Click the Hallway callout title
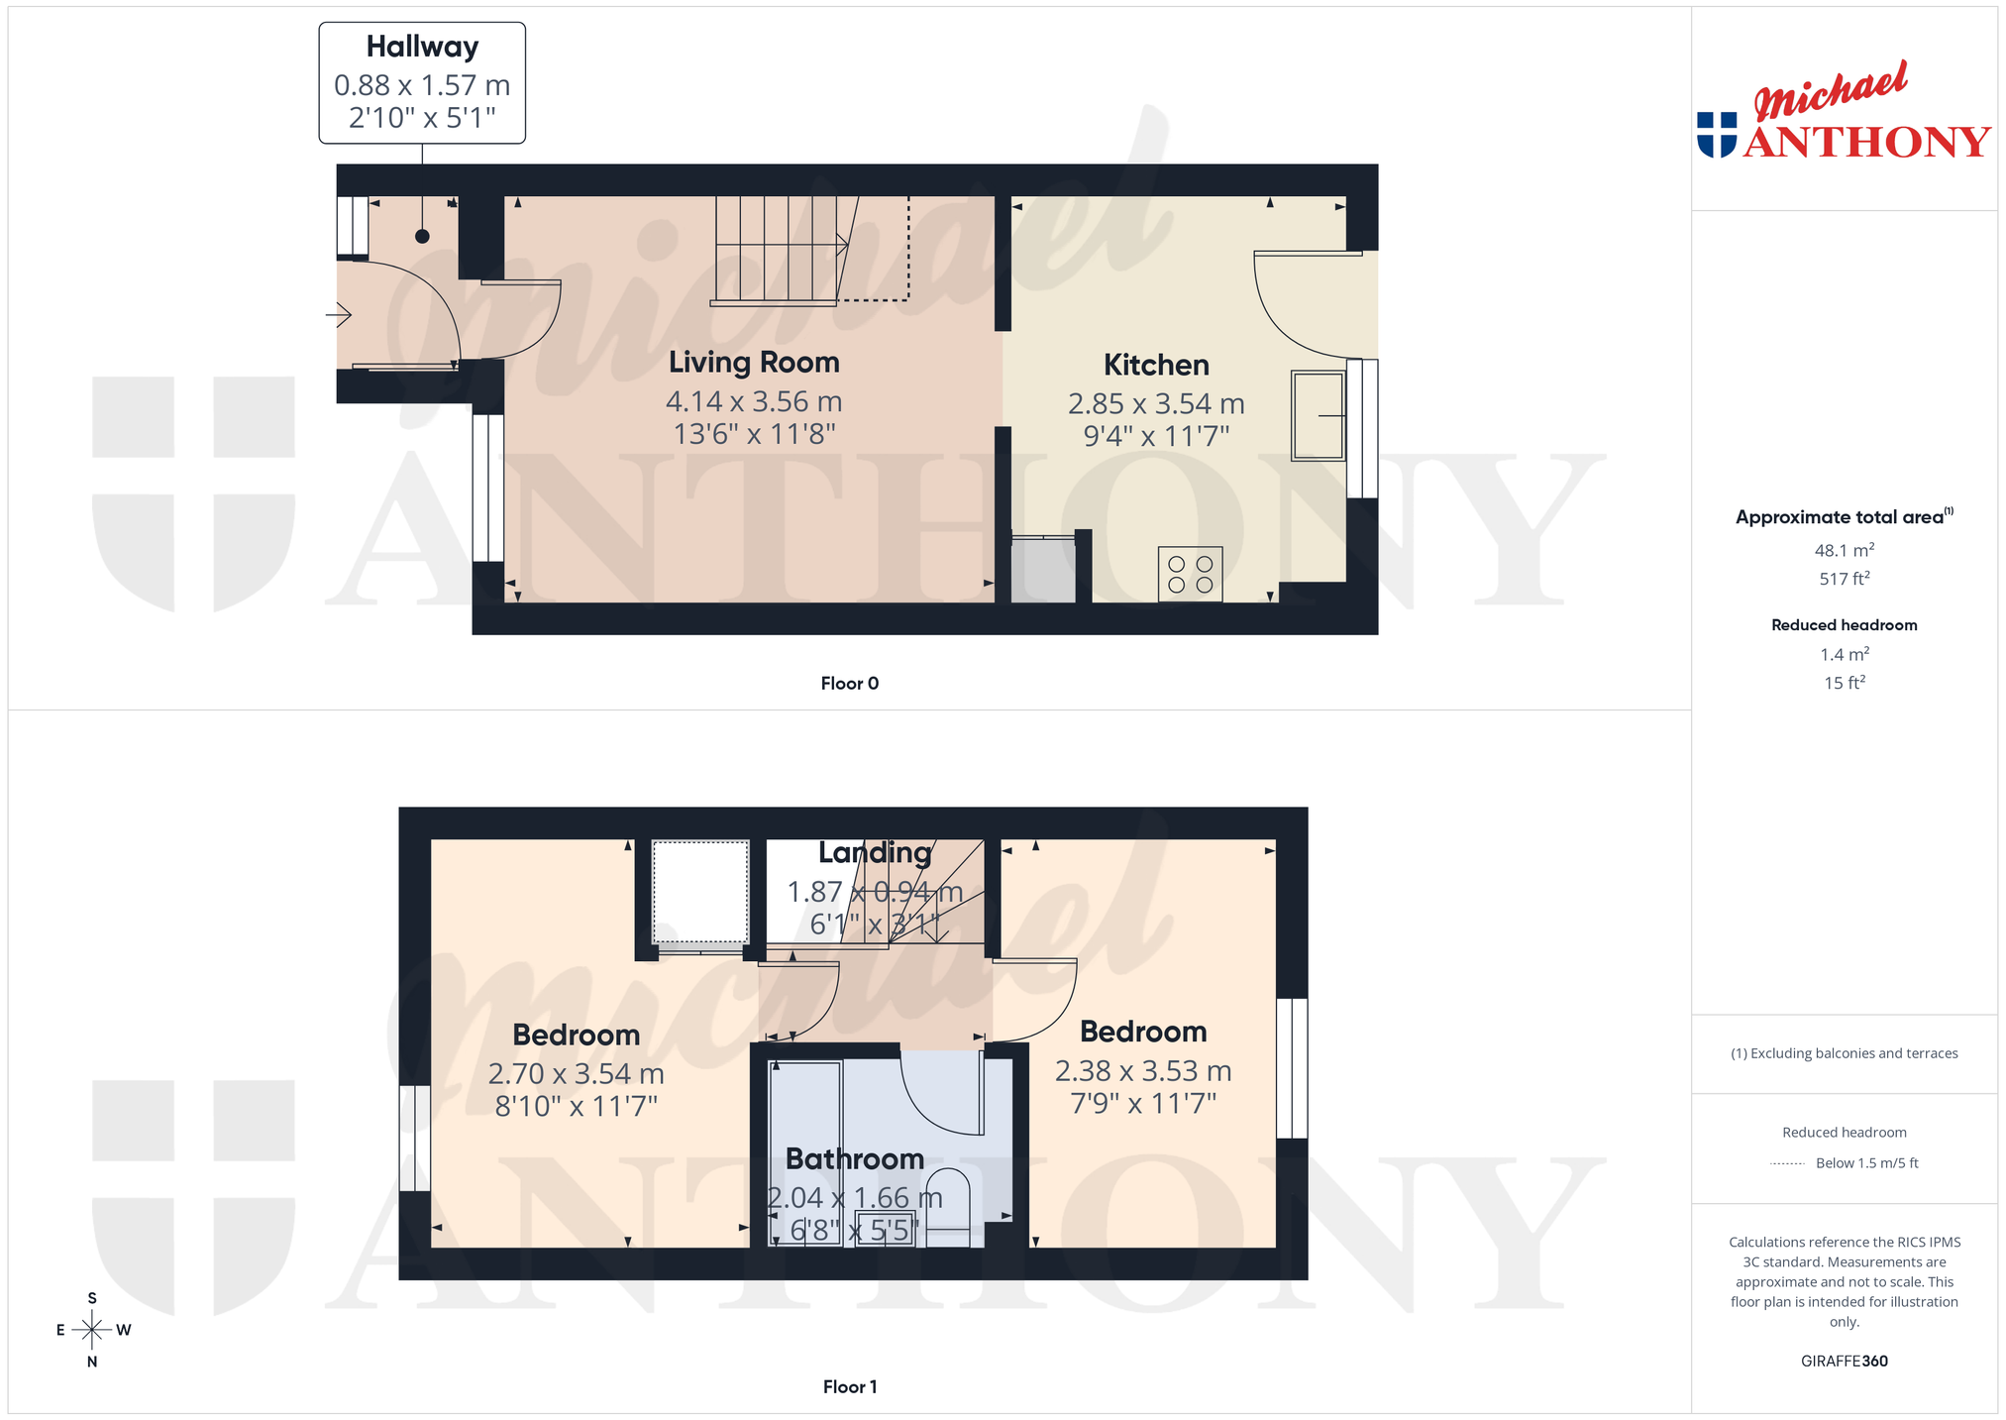422,47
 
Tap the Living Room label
754,363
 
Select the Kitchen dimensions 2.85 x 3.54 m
1156,404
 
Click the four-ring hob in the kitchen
1190,574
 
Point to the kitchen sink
1318,416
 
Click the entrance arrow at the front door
339,316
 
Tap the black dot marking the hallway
422,236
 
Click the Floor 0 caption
849,684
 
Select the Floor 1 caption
850,1387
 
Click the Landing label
875,853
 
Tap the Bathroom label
855,1159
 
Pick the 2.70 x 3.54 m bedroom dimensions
576,1074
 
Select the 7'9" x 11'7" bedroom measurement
1143,1104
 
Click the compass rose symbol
92,1330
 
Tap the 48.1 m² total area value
1844,550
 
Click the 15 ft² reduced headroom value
1844,683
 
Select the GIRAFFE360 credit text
1844,1362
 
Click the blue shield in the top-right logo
1717,135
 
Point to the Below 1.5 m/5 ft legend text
1866,1163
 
